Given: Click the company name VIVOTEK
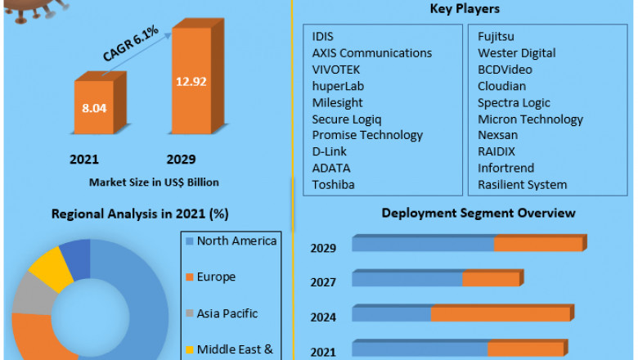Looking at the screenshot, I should (x=336, y=70).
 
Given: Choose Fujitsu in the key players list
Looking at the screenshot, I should (x=498, y=36).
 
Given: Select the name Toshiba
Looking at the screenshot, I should (x=334, y=184).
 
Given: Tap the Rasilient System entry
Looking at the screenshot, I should (x=523, y=184).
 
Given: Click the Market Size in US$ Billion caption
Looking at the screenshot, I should (x=154, y=182).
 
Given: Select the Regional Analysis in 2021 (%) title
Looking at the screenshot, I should (x=140, y=214).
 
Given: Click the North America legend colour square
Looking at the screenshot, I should (x=189, y=241).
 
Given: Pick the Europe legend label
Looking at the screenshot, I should (x=216, y=277).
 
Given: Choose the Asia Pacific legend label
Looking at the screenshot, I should (x=227, y=313).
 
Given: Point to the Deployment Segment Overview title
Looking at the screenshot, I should (x=478, y=213).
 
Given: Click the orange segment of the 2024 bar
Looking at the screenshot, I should (x=500, y=315).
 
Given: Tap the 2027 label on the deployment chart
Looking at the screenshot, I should (x=323, y=281).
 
